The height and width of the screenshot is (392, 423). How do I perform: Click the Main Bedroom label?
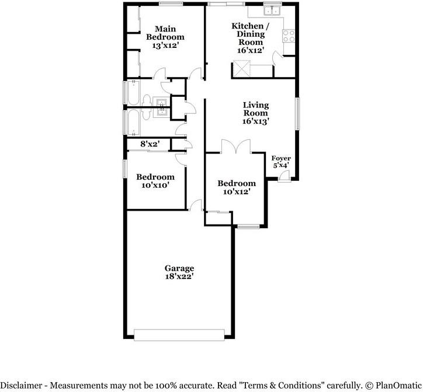(165, 37)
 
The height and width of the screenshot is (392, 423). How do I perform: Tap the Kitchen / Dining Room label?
(250, 38)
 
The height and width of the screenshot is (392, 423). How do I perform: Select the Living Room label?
(256, 113)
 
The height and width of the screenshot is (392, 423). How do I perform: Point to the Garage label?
(179, 272)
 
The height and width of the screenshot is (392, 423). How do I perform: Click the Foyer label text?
(281, 158)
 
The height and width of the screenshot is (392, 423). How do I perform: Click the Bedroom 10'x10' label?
(155, 181)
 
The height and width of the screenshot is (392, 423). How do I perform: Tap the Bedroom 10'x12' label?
(237, 187)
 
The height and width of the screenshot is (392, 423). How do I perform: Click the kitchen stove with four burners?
(289, 36)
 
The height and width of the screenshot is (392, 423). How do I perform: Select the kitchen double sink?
(272, 10)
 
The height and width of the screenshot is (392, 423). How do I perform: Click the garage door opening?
(179, 335)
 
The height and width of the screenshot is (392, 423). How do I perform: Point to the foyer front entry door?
(284, 177)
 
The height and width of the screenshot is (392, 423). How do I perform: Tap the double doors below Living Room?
(236, 147)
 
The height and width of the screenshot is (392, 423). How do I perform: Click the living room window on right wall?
(297, 114)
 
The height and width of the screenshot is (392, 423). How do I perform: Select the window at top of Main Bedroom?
(171, 3)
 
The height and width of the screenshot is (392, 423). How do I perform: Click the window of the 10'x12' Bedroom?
(248, 226)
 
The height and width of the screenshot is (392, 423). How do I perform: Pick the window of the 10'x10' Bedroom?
(125, 169)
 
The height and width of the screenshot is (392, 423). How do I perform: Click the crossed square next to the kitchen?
(242, 69)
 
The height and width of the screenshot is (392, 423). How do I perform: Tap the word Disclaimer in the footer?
(21, 385)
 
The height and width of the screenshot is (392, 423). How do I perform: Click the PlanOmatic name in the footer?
(398, 385)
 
